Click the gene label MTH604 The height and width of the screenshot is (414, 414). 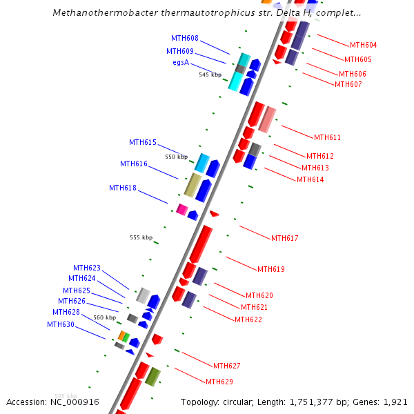tap(363, 46)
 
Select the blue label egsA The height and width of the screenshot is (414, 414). tap(181, 62)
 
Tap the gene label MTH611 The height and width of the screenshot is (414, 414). tap(327, 137)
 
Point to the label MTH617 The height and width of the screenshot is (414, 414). tap(284, 238)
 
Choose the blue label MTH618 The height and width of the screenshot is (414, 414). tap(123, 188)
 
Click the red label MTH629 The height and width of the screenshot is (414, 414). tap(219, 382)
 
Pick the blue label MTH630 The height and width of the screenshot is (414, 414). tap(61, 324)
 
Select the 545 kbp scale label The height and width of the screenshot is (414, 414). tap(210, 75)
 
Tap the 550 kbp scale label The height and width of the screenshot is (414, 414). tap(176, 157)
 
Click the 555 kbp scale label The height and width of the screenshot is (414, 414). tap(141, 237)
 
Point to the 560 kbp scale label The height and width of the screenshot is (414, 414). tap(105, 317)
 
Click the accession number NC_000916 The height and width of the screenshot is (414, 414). tap(76, 402)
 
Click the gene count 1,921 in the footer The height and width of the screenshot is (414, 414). tap(395, 402)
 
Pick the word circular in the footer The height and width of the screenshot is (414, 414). tap(243, 402)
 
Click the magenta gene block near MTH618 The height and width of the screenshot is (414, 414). tap(181, 209)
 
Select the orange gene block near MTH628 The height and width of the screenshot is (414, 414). tap(121, 335)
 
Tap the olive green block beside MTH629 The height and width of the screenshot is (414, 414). tap(152, 377)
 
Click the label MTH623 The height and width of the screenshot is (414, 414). tap(87, 268)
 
